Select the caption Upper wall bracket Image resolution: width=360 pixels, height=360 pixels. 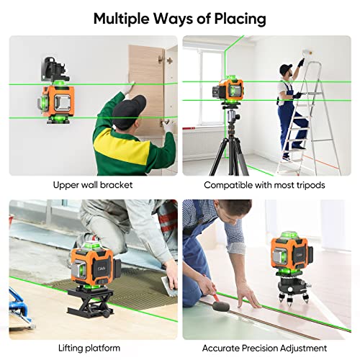pyautogui.click(x=92, y=185)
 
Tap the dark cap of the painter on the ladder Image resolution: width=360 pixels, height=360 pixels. pyautogui.click(x=286, y=68)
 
